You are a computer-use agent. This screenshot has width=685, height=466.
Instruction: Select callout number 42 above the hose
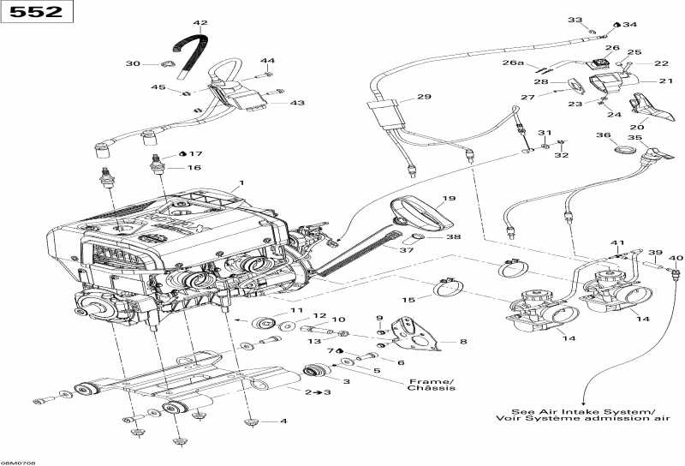pos(200,23)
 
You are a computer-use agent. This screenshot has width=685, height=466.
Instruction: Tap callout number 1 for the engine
pos(242,182)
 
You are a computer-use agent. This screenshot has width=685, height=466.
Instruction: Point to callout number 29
pos(424,98)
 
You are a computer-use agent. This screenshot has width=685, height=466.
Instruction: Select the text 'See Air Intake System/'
pos(582,409)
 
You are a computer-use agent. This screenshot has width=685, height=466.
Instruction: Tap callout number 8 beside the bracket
pos(463,342)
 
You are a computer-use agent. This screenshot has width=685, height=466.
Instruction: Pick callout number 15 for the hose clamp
pos(409,299)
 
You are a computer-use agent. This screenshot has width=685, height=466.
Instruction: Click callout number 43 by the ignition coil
pos(297,103)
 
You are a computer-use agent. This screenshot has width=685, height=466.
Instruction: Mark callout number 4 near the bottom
pos(283,421)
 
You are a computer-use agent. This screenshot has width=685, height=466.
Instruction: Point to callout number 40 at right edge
pos(676,258)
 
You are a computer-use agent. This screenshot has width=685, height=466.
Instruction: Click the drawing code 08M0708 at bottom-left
pos(18,461)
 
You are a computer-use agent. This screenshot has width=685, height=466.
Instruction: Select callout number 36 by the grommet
pos(603,135)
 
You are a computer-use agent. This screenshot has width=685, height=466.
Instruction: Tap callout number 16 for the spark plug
pos(195,168)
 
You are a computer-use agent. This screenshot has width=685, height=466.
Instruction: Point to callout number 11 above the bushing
pos(297,310)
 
